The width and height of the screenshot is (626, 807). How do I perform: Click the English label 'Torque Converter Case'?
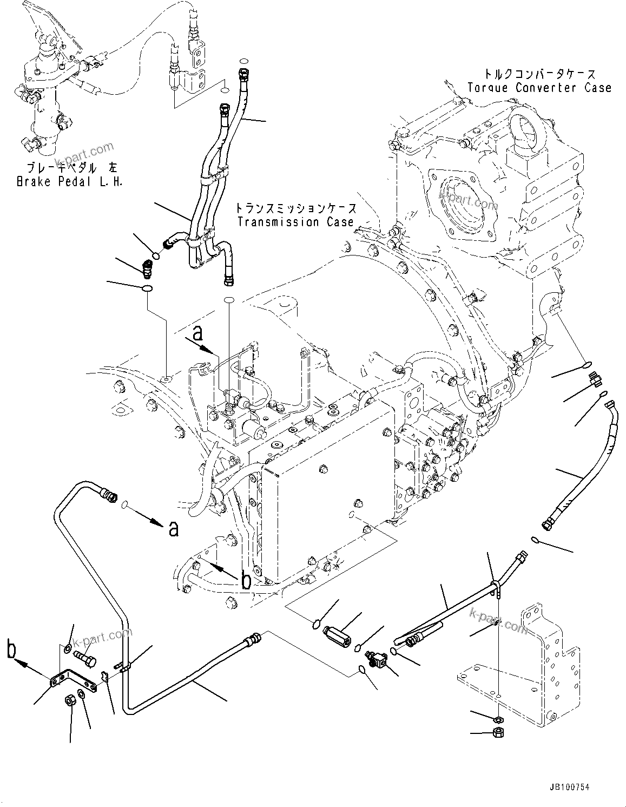point(539,88)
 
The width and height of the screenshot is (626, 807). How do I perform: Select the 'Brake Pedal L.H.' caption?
point(69,182)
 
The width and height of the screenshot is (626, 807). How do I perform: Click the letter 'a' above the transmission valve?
point(199,333)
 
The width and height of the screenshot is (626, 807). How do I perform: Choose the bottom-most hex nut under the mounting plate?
point(499,734)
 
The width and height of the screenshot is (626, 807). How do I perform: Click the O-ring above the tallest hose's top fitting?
point(243,61)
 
